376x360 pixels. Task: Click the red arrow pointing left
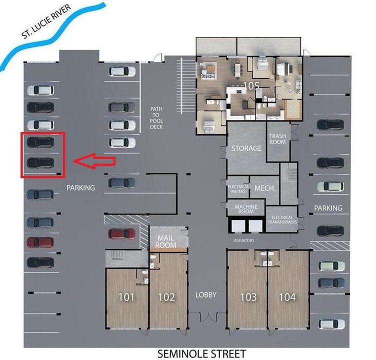tap(95, 160)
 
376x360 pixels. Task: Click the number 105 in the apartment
tap(251, 85)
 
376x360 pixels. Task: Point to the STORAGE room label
tap(246, 148)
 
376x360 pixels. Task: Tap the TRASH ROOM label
tap(277, 138)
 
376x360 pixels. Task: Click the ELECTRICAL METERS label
tap(238, 188)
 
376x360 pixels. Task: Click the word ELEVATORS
tap(244, 240)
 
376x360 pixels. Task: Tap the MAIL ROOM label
tap(165, 241)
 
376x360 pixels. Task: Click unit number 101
tap(126, 297)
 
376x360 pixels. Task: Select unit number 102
tap(166, 297)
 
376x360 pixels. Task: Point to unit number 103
tap(248, 297)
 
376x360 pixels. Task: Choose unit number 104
tap(287, 297)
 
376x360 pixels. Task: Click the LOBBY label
tap(206, 294)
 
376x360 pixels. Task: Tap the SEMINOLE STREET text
tap(201, 353)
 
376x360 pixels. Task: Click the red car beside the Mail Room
tap(122, 233)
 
